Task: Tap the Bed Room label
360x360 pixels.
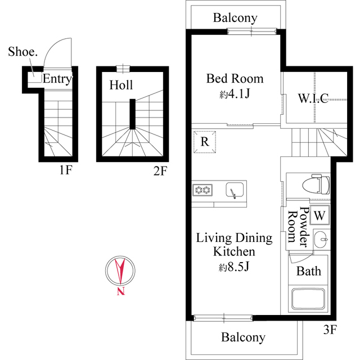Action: pos(235,78)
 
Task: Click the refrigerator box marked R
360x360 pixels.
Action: pos(205,142)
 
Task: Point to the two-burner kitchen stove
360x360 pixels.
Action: pos(202,190)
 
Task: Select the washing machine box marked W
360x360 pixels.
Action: pos(319,214)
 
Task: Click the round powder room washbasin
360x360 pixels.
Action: pos(321,238)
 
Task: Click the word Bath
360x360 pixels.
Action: pos(309,271)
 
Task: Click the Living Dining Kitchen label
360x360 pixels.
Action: pos(234,244)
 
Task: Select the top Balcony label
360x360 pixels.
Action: pos(235,18)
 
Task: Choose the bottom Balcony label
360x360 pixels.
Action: pos(242,337)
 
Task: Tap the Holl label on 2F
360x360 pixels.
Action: pos(121,85)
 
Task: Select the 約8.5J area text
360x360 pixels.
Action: pos(235,265)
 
